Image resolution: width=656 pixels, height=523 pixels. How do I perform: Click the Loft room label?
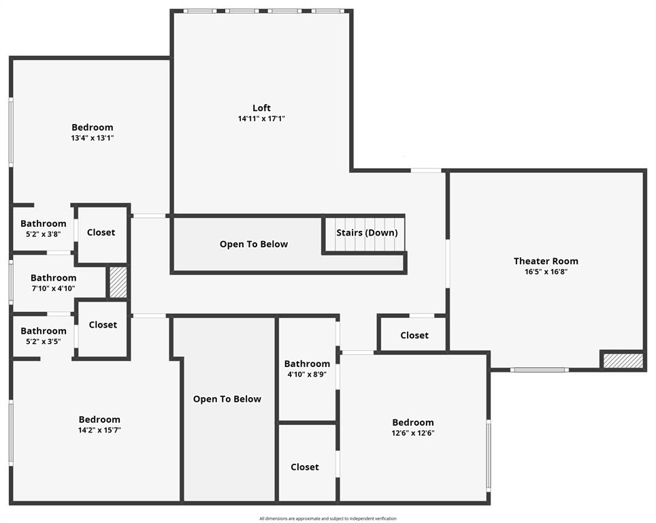coord(261,108)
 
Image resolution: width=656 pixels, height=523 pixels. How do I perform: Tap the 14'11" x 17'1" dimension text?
coord(261,118)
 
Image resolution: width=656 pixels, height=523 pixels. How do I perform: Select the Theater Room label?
coord(546,261)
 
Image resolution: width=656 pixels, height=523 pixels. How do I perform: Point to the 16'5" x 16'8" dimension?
coord(546,272)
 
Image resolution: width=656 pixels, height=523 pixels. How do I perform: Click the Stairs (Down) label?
coord(367,233)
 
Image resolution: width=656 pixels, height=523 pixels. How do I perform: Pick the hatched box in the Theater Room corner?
coord(623,360)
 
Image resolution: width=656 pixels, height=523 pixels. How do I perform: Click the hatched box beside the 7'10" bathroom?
coord(118,282)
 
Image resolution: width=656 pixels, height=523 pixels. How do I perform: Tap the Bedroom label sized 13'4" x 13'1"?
coord(93,127)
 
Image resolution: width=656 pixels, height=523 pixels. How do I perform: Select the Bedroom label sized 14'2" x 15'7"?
coord(99,419)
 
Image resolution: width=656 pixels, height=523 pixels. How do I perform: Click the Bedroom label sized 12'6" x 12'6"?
coord(412,422)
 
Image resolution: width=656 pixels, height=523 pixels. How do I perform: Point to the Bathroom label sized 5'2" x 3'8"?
coord(44,223)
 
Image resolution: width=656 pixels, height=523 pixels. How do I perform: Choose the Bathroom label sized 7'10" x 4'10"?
coord(53,278)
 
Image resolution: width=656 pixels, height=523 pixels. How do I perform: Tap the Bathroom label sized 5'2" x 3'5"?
coord(44,331)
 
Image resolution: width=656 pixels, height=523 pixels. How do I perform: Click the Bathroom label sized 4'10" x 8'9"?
coord(307,364)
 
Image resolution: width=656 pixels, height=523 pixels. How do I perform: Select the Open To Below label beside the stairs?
coord(253,244)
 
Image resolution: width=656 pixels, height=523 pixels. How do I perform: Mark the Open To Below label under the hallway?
coord(227,399)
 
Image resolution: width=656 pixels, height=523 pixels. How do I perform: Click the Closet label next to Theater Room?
coord(414,335)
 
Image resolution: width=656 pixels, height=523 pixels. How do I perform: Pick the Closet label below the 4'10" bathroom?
coord(304,466)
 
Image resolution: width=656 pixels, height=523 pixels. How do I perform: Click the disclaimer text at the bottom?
coord(327,518)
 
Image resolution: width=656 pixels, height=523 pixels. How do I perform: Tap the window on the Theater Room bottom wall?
coord(539,370)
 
